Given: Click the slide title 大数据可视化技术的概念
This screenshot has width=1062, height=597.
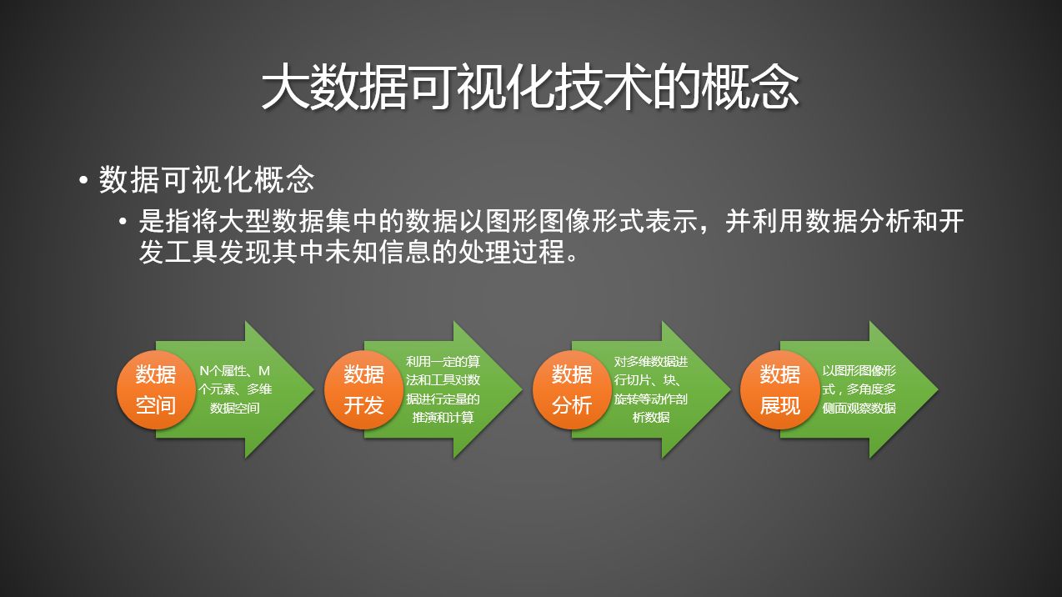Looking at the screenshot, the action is point(530,88).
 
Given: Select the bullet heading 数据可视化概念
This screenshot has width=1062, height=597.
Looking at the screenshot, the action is point(207,180).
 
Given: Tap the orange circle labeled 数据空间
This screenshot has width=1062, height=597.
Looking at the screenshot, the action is point(156,389).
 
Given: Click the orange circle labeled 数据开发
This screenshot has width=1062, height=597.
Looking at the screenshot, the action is point(363,389).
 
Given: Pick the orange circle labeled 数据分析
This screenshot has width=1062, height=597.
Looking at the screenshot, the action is point(572,389).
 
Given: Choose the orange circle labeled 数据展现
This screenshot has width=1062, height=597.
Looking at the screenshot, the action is point(780,389).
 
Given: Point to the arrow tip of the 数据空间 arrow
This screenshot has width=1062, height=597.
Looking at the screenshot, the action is point(313,389).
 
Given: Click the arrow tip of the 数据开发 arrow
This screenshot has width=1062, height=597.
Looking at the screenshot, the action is point(522,389).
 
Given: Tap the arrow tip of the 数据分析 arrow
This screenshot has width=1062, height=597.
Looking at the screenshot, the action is point(729,389).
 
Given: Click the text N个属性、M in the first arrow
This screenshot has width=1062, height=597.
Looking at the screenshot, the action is point(235,371).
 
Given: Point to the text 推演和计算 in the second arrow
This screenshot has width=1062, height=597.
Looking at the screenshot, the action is point(443,417).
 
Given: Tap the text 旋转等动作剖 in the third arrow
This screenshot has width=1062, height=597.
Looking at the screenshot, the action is point(650,399).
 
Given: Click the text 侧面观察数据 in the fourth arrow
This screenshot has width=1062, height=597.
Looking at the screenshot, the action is point(859,408).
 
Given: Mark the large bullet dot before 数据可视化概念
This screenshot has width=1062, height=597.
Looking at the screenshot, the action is point(83,181).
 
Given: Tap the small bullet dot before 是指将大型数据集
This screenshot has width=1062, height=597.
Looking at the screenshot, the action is point(123,222).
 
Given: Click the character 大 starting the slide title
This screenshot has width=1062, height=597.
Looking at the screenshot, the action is point(286,88).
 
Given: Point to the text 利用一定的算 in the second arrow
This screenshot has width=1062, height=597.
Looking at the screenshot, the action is point(443,362).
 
